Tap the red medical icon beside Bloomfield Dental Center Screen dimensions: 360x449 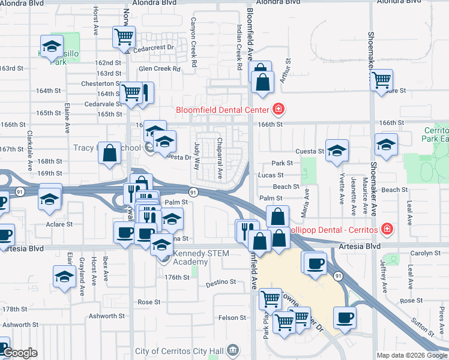click(279, 110)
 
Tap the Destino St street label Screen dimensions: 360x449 click(221, 281)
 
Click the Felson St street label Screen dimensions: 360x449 click(232, 317)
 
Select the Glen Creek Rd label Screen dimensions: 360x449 click(160, 69)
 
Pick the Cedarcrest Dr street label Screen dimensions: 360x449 click(153, 48)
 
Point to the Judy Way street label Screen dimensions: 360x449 click(197, 155)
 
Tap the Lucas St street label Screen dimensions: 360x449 click(270, 175)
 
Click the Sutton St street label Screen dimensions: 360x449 click(423, 325)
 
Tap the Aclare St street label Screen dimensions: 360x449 click(59, 224)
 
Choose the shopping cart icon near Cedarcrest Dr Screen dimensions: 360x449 click(124, 37)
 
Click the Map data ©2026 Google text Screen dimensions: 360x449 click(411, 355)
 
